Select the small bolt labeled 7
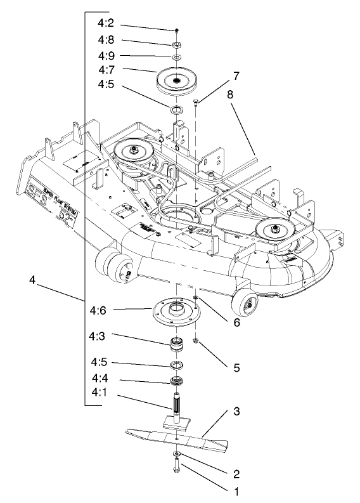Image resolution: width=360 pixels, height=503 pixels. click(x=196, y=101)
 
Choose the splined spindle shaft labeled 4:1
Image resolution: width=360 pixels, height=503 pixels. click(x=177, y=406)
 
